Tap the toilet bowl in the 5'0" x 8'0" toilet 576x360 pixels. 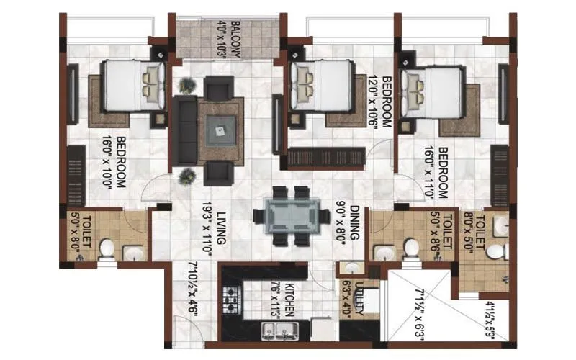click(x=106, y=248)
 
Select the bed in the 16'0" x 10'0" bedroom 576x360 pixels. click(x=130, y=86)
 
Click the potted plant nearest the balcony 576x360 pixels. click(x=187, y=86)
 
